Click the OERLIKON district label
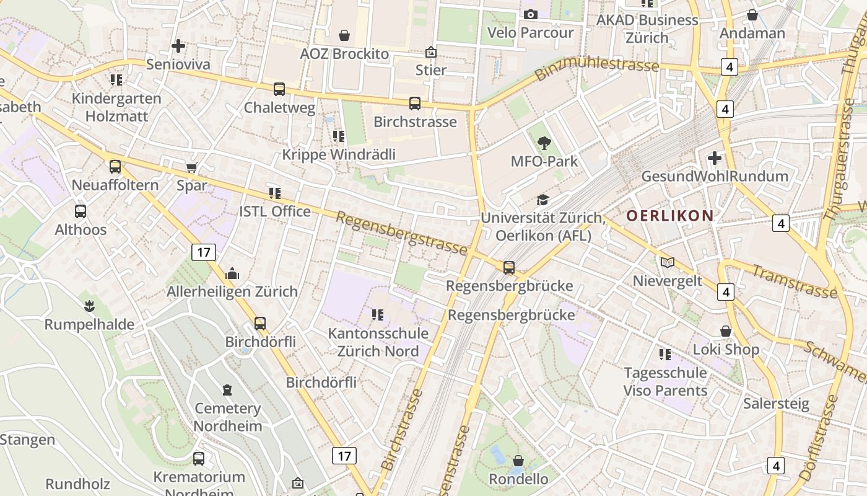669,216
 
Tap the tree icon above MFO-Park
544,143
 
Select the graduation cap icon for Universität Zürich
542,200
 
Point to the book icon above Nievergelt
667,263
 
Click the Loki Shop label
725,349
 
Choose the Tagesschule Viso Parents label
665,381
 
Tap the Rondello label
518,479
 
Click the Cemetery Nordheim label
228,417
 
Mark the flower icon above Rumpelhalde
89,306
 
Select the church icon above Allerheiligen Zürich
232,273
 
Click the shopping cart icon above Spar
192,167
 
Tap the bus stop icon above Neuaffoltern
115,166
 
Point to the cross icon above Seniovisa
178,46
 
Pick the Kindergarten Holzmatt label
116,107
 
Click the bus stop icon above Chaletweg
279,89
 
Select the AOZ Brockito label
344,54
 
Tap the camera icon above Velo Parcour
531,15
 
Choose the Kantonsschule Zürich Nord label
378,342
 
